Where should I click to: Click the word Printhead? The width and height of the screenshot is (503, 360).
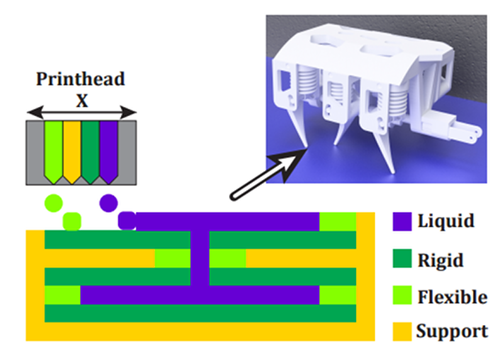pos(80,80)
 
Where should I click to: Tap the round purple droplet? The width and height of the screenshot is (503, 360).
pos(109,202)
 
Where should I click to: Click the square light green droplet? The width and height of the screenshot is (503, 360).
pos(73,221)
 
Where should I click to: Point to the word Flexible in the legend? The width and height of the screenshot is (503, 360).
pos(452,296)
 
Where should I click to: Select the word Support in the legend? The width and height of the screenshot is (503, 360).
pos(452,331)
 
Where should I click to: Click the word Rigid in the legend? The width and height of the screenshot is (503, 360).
pos(440,259)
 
